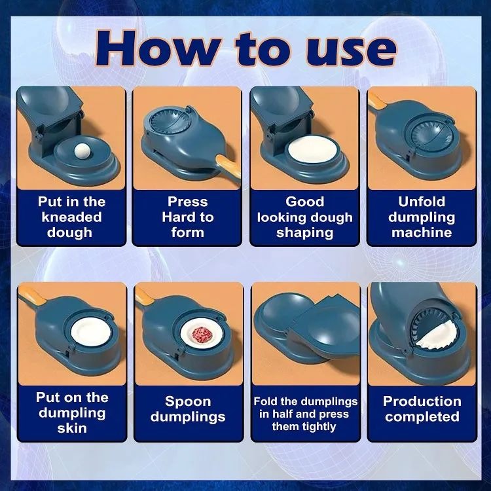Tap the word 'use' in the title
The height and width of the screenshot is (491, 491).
(348, 48)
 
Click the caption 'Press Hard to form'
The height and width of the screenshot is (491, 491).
(187, 217)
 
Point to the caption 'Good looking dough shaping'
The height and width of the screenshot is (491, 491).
(304, 217)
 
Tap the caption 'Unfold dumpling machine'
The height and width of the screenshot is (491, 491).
(422, 217)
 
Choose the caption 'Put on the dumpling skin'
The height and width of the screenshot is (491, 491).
(71, 412)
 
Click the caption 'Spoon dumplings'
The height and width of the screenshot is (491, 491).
(187, 409)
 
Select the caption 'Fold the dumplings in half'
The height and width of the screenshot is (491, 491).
(305, 414)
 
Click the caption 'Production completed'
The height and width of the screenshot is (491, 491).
(422, 409)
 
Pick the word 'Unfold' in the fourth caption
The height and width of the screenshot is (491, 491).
(422, 201)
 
